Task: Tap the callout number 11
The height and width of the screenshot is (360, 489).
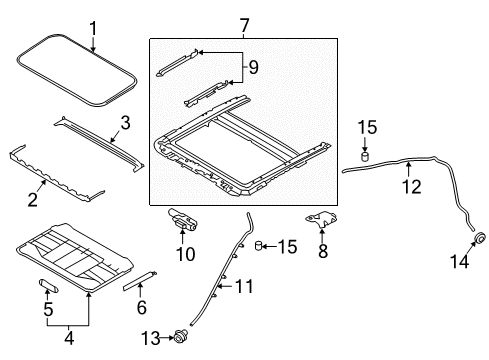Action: (x=243, y=287)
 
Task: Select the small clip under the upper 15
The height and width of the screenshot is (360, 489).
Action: (x=366, y=157)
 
